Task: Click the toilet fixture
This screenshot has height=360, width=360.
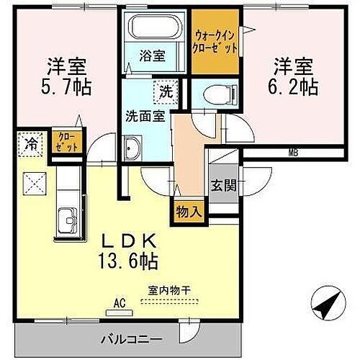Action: click(217, 93)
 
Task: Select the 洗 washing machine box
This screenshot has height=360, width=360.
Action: click(166, 91)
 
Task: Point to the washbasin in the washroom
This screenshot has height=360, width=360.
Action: click(132, 150)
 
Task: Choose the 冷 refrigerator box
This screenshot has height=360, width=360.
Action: click(32, 143)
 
